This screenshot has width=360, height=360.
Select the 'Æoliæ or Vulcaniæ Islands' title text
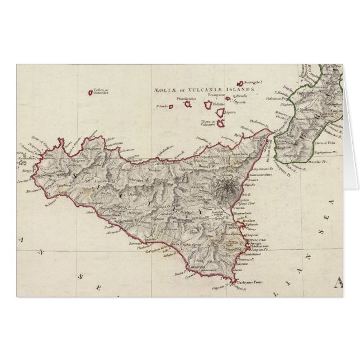[x=203, y=88]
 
